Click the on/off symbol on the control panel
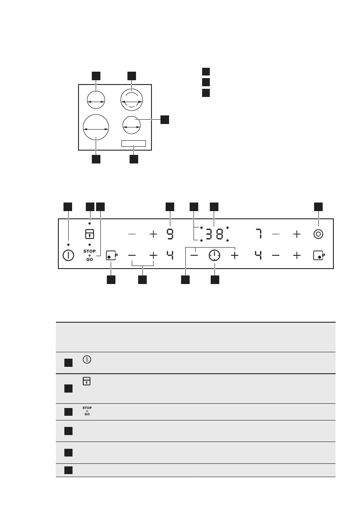(x=68, y=255)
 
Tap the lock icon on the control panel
(x=89, y=234)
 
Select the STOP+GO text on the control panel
(x=89, y=255)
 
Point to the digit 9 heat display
(x=170, y=234)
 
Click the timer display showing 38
(x=214, y=234)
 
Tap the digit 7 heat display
(x=258, y=234)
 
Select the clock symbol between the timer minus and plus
(x=214, y=255)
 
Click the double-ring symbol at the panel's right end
(x=318, y=234)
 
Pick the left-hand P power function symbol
(x=112, y=255)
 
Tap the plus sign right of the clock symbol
(x=235, y=255)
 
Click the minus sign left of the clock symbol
(x=195, y=255)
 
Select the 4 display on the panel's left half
(x=170, y=255)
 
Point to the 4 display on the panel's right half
(x=258, y=255)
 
